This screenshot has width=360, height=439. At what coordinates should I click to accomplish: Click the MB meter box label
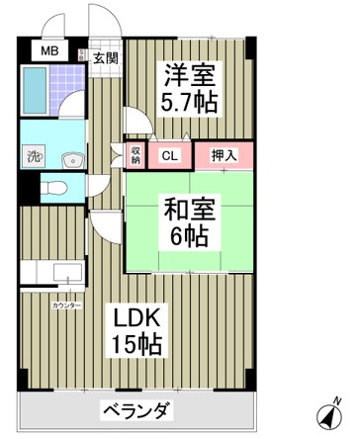(47, 50)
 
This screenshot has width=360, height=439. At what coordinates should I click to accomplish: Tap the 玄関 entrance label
(104, 56)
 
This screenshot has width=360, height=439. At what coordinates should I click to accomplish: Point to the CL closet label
(169, 154)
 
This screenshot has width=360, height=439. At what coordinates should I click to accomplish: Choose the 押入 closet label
(224, 154)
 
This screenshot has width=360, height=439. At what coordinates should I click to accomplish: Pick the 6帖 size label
(188, 237)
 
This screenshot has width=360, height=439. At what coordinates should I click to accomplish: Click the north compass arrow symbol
(328, 415)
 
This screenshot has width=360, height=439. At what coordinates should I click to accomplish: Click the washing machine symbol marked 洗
(34, 155)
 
